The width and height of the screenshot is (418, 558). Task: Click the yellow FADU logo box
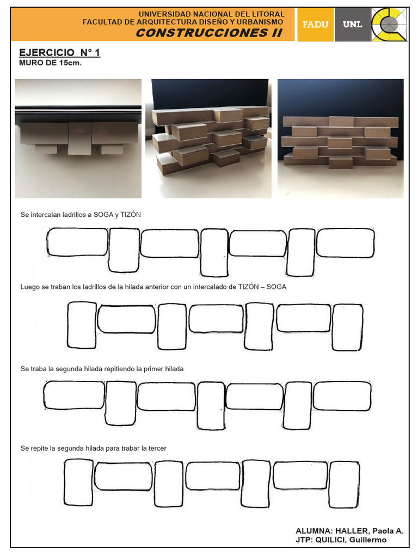pos(315,25)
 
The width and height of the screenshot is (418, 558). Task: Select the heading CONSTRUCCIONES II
pos(209,33)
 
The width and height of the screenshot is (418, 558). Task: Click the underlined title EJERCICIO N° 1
pos(59,52)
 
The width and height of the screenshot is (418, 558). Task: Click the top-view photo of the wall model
pos(78,138)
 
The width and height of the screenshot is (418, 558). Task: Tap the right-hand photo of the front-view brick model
pos(341,138)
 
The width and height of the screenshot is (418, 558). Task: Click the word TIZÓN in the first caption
pos(130,215)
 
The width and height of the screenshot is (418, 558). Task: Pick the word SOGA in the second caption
pos(276,287)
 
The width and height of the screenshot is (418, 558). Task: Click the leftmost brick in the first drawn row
pos(77,242)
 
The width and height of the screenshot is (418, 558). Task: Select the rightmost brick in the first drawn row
pos(346,242)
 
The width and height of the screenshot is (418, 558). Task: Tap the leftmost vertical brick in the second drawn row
pos(82,325)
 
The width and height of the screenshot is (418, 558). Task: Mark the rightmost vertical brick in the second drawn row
pos(348,327)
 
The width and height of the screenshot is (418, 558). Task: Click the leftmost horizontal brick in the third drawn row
pos(74,395)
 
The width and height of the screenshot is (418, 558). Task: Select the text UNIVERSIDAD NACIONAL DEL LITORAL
pos(211,14)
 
